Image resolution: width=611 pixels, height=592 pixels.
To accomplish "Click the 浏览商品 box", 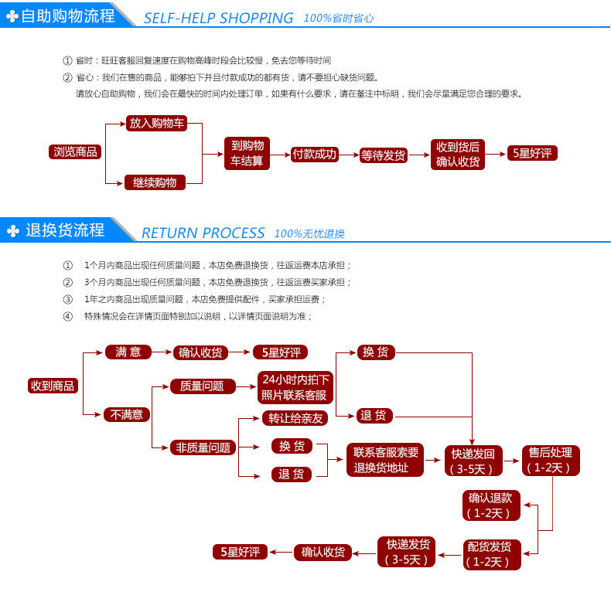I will (75, 152).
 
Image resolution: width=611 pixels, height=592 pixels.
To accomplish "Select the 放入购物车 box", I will (156, 123).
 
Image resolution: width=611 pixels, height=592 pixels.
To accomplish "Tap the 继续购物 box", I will (155, 183).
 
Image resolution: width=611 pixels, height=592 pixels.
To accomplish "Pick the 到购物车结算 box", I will (247, 153).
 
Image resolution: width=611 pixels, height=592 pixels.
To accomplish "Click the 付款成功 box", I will (315, 154).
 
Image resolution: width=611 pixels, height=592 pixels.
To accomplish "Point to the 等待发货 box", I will (383, 155).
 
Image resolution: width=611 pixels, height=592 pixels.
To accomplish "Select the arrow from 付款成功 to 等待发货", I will (350, 155).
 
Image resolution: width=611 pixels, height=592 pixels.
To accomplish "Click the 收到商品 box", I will (53, 386).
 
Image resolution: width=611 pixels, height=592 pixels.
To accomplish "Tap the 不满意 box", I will (127, 414).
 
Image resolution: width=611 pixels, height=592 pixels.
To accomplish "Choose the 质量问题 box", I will (201, 386).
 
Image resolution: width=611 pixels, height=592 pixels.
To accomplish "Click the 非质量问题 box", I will (203, 447).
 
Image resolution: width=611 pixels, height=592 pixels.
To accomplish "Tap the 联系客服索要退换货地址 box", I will (386, 460).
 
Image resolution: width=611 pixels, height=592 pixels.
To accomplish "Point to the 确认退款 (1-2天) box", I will (490, 505).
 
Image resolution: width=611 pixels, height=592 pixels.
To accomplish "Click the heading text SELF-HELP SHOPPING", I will (219, 18).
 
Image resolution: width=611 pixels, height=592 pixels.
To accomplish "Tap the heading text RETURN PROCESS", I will (203, 233).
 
